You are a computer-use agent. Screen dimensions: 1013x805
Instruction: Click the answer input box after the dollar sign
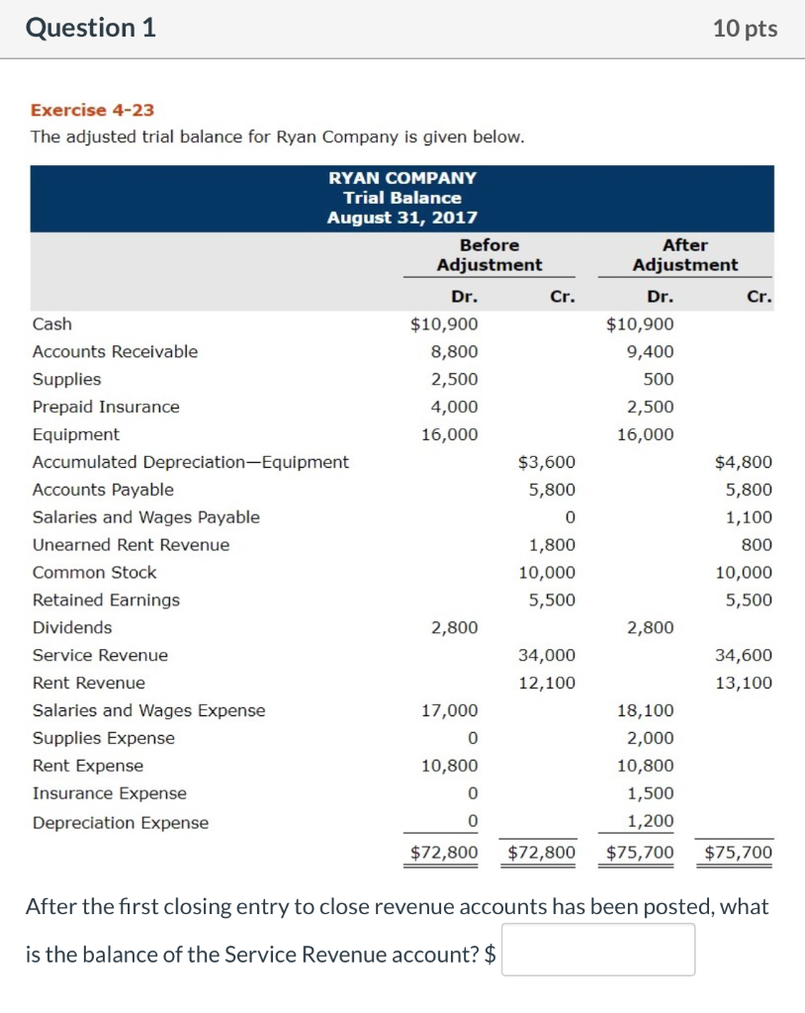pyautogui.click(x=597, y=950)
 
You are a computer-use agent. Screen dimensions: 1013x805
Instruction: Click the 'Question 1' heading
pyautogui.click(x=91, y=29)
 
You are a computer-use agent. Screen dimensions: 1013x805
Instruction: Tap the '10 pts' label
pyautogui.click(x=745, y=30)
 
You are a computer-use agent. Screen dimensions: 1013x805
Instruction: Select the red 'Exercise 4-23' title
pyautogui.click(x=92, y=110)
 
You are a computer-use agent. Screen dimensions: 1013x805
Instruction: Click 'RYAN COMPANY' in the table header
pyautogui.click(x=402, y=178)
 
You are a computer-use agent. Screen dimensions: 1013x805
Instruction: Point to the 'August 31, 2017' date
pyautogui.click(x=402, y=218)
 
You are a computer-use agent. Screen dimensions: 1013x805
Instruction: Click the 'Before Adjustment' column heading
pyautogui.click(x=490, y=254)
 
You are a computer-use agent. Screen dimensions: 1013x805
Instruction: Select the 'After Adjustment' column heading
pyautogui.click(x=685, y=254)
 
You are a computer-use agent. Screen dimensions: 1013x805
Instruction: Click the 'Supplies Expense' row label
pyautogui.click(x=104, y=738)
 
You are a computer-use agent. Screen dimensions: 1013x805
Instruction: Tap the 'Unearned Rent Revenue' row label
pyautogui.click(x=131, y=545)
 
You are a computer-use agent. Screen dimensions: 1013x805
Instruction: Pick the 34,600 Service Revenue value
pyautogui.click(x=749, y=655)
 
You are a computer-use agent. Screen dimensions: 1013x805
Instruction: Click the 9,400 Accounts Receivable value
pyautogui.click(x=651, y=351)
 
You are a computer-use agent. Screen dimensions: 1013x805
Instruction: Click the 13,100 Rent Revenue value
pyautogui.click(x=749, y=683)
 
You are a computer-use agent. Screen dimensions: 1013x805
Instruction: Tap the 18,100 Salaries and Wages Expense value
pyautogui.click(x=650, y=710)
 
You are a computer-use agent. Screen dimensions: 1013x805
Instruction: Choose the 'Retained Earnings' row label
pyautogui.click(x=106, y=599)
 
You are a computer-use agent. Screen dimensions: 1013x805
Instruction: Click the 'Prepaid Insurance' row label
pyautogui.click(x=106, y=407)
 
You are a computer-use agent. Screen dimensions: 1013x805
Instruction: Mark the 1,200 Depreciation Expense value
pyautogui.click(x=651, y=820)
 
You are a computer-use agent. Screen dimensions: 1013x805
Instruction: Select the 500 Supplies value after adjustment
pyautogui.click(x=659, y=379)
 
